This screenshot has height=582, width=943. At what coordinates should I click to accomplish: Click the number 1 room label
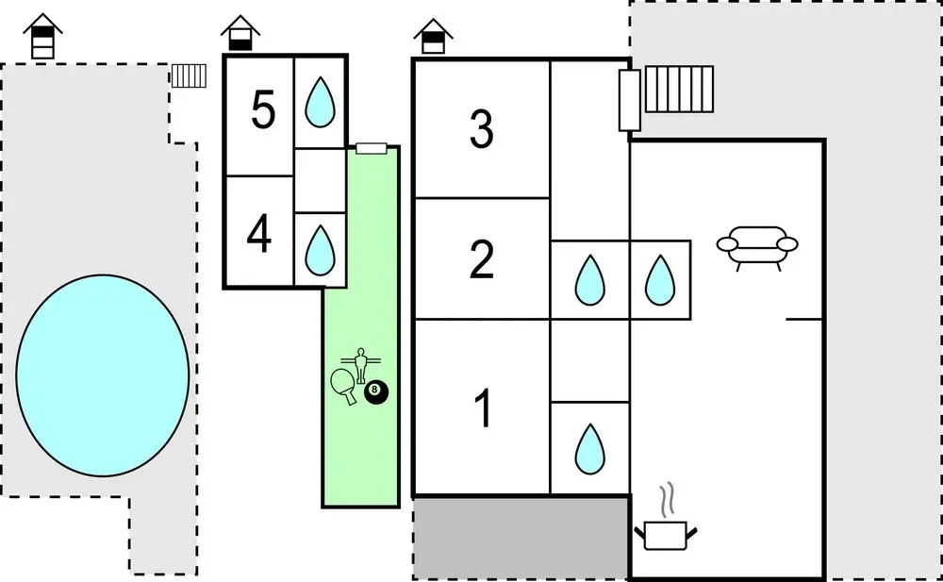tap(483, 409)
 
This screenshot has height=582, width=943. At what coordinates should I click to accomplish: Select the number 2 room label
tap(482, 259)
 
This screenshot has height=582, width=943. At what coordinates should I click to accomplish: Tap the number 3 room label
tap(482, 129)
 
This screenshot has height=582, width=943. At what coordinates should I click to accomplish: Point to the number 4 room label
tap(259, 236)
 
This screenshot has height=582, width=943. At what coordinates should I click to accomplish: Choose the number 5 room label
tap(263, 111)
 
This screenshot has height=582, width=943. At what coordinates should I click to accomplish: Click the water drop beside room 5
tap(321, 101)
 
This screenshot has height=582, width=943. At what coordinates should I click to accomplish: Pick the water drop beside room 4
tap(321, 248)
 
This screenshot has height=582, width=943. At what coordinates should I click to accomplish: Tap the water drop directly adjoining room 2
tap(590, 280)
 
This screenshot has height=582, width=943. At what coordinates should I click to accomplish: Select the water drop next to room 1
tap(590, 449)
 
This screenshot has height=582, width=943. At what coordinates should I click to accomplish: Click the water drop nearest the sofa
tap(660, 280)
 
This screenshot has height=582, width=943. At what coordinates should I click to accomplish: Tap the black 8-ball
tap(376, 391)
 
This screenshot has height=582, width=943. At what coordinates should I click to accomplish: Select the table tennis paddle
tap(344, 384)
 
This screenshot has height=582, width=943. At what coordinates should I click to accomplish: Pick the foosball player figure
tap(360, 363)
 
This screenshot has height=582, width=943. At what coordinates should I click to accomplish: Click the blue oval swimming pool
tap(104, 374)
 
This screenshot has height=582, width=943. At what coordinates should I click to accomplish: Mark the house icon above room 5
tap(240, 34)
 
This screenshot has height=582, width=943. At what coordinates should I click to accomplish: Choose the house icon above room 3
tap(433, 38)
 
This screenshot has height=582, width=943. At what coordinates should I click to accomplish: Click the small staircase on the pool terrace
tap(189, 75)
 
